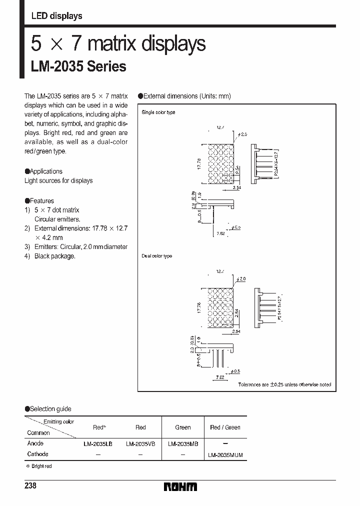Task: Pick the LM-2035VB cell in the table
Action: (140, 443)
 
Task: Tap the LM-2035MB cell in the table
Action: (183, 443)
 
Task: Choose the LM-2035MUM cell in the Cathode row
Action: (225, 454)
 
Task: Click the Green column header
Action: (183, 427)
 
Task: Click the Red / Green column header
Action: (225, 427)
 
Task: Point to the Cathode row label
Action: (37, 454)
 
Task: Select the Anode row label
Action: (35, 443)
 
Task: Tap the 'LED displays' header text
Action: (56, 16)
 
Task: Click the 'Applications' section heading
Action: (46, 171)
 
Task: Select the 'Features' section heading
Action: (41, 200)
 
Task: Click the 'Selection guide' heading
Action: (49, 409)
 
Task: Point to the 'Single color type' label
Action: (158, 112)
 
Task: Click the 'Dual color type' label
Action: (156, 256)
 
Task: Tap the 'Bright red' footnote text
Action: (40, 466)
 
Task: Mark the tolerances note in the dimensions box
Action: (284, 384)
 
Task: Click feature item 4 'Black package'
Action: (54, 256)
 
